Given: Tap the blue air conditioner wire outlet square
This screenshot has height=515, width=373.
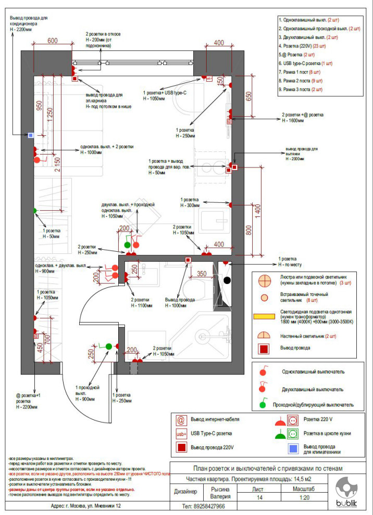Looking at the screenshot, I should (x=31, y=135).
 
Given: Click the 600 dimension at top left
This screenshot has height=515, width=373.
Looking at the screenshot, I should (x=52, y=41).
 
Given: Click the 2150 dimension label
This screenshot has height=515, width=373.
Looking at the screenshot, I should (x=57, y=164).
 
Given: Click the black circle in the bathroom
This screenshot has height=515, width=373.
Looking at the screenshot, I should (x=227, y=280).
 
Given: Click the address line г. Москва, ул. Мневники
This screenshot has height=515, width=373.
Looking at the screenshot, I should (x=86, y=506).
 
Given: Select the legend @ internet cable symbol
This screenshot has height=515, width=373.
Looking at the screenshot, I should (x=181, y=419).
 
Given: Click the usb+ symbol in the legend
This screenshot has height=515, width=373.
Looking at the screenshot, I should (x=181, y=433).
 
